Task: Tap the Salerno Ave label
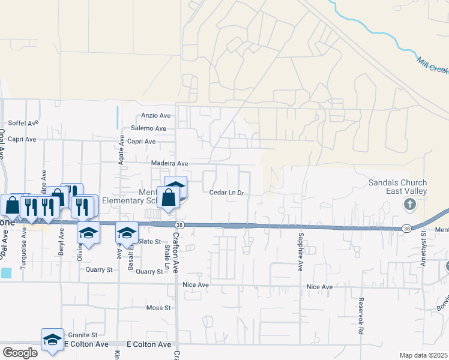(x=148, y=128)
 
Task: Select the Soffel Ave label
(x=23, y=122)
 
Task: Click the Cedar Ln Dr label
(x=227, y=193)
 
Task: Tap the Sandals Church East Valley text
(x=398, y=187)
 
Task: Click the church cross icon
(x=410, y=206)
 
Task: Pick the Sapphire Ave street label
(x=299, y=251)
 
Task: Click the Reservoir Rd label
(x=361, y=316)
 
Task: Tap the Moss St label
(x=158, y=308)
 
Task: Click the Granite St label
(x=83, y=335)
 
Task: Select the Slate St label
(x=150, y=241)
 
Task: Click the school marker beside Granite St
(x=52, y=339)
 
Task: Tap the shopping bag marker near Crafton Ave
(x=169, y=197)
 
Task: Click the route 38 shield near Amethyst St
(x=406, y=228)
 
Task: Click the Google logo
(x=19, y=353)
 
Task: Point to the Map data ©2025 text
(x=423, y=355)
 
